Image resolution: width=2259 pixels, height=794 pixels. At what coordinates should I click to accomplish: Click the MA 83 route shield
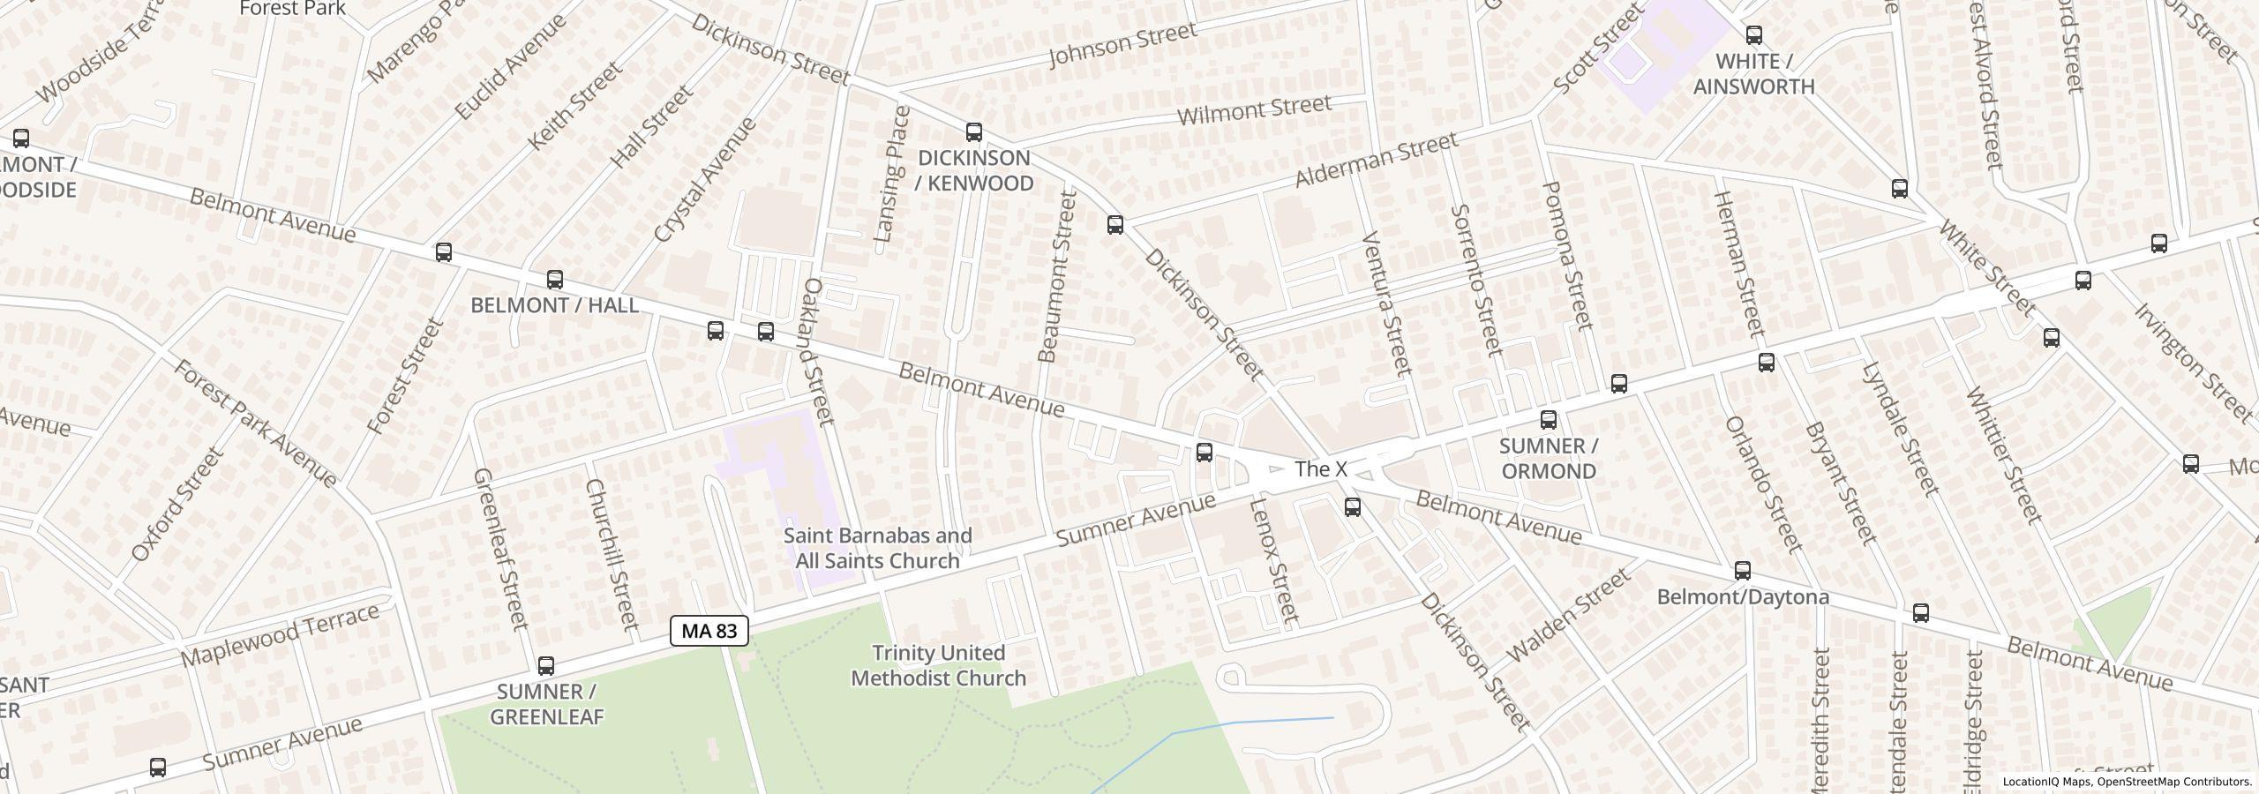pos(709,631)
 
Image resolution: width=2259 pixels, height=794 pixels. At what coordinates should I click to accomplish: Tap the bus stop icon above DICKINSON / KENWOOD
pos(973,132)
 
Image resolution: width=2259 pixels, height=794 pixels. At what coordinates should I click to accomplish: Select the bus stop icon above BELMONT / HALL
pos(554,280)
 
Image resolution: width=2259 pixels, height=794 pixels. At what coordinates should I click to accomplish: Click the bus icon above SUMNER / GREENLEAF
pos(546,666)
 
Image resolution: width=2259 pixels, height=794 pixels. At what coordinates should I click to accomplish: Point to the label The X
pos(1320,469)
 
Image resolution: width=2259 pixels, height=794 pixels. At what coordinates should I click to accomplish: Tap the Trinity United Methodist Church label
pos(938,665)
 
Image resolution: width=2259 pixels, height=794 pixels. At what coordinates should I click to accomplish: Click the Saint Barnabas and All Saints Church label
pos(878,548)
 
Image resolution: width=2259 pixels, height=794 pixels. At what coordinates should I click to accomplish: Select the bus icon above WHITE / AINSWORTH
pos(1753,35)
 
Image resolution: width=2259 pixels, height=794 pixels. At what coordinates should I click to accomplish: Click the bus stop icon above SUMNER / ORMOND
pos(1548,420)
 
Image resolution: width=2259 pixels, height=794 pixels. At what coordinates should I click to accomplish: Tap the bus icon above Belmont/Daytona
pos(1742,571)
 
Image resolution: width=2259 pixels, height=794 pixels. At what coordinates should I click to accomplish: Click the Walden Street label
pos(1568,616)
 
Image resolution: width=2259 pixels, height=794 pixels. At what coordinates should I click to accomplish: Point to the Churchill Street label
pos(611,555)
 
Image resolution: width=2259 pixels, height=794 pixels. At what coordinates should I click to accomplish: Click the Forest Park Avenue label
pos(255,423)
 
